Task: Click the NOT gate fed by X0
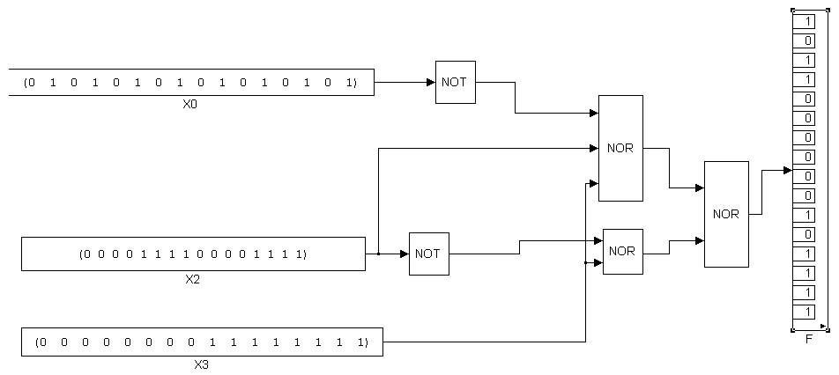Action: click(455, 82)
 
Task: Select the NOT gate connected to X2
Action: click(428, 254)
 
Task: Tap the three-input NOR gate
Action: click(620, 148)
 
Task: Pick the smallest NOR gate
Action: click(622, 251)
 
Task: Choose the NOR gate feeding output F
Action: click(726, 214)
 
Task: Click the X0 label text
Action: click(189, 103)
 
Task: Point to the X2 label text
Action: click(193, 278)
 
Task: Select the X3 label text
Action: click(201, 364)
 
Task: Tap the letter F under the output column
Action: click(809, 337)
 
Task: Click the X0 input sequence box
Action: click(190, 82)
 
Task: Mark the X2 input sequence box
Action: click(193, 254)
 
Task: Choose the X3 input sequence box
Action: click(201, 342)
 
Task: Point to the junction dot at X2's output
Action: click(377, 254)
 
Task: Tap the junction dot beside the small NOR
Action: click(586, 262)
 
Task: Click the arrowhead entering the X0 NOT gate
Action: click(431, 82)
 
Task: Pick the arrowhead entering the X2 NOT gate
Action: click(405, 254)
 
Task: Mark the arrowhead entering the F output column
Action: click(787, 170)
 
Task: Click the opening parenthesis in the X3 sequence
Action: click(39, 342)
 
